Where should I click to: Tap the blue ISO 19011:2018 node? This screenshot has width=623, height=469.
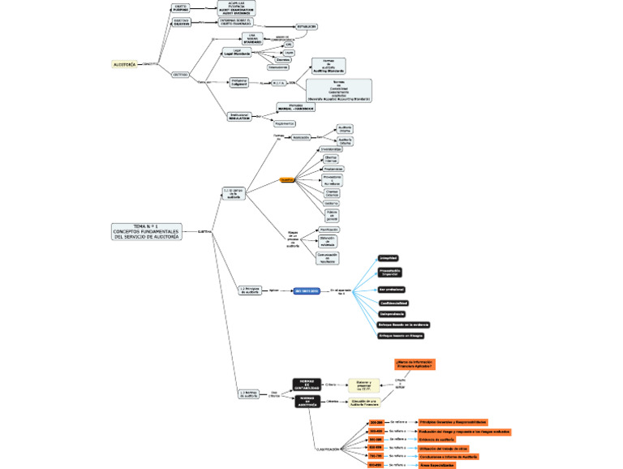click(x=307, y=290)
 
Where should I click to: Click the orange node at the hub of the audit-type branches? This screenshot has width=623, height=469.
click(x=287, y=179)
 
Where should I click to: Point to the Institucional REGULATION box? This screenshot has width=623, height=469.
click(x=240, y=117)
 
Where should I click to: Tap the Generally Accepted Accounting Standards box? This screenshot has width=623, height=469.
click(x=339, y=90)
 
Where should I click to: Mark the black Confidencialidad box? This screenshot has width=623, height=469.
click(x=397, y=302)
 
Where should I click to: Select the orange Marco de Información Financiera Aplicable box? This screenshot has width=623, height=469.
click(x=414, y=364)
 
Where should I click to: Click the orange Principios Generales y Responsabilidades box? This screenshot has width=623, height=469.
click(x=453, y=422)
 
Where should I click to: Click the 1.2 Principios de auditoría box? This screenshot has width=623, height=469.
click(x=250, y=290)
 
